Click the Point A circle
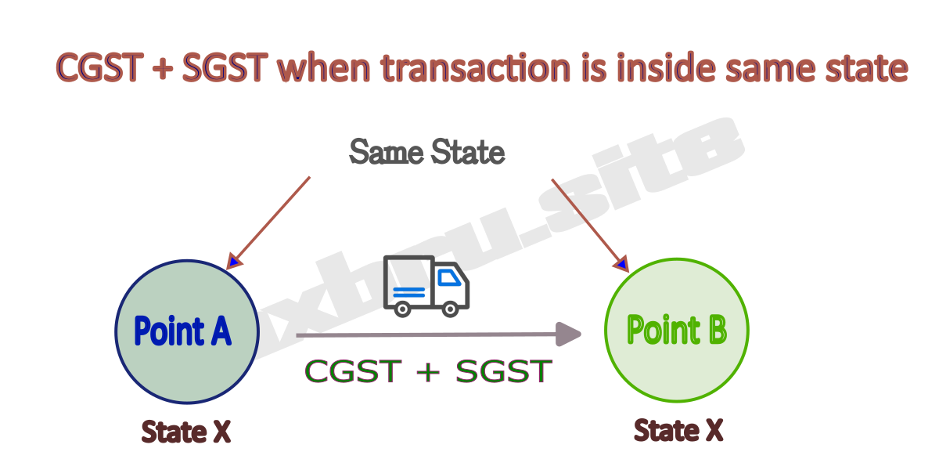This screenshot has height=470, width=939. [186, 331]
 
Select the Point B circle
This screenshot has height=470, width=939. [677, 331]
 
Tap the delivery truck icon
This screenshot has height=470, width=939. [426, 287]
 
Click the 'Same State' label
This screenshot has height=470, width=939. [426, 151]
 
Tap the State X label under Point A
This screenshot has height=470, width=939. [186, 432]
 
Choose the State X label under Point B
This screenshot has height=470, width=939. [678, 430]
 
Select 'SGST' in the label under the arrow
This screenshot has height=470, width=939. [503, 371]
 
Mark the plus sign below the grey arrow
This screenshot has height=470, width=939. [427, 372]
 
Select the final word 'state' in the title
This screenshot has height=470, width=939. [864, 69]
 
